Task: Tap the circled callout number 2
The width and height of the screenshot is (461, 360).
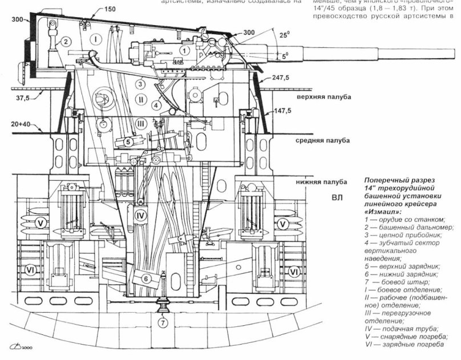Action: (x=66, y=41)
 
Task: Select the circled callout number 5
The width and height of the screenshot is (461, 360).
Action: (x=129, y=142)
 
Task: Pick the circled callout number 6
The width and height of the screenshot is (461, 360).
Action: (x=145, y=278)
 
